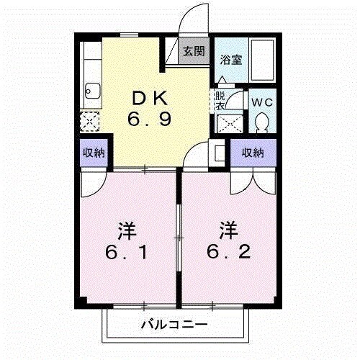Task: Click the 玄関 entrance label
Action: pos(192,52)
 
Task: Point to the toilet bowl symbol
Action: pos(262,122)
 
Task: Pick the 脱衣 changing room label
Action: pos(220,102)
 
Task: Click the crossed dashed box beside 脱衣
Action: pos(229,123)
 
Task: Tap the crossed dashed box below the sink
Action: pos(91,120)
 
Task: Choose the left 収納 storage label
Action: pos(91,152)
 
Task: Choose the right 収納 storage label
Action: pos(252,152)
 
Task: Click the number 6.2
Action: pos(228,253)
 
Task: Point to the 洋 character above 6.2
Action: pos(228,231)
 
